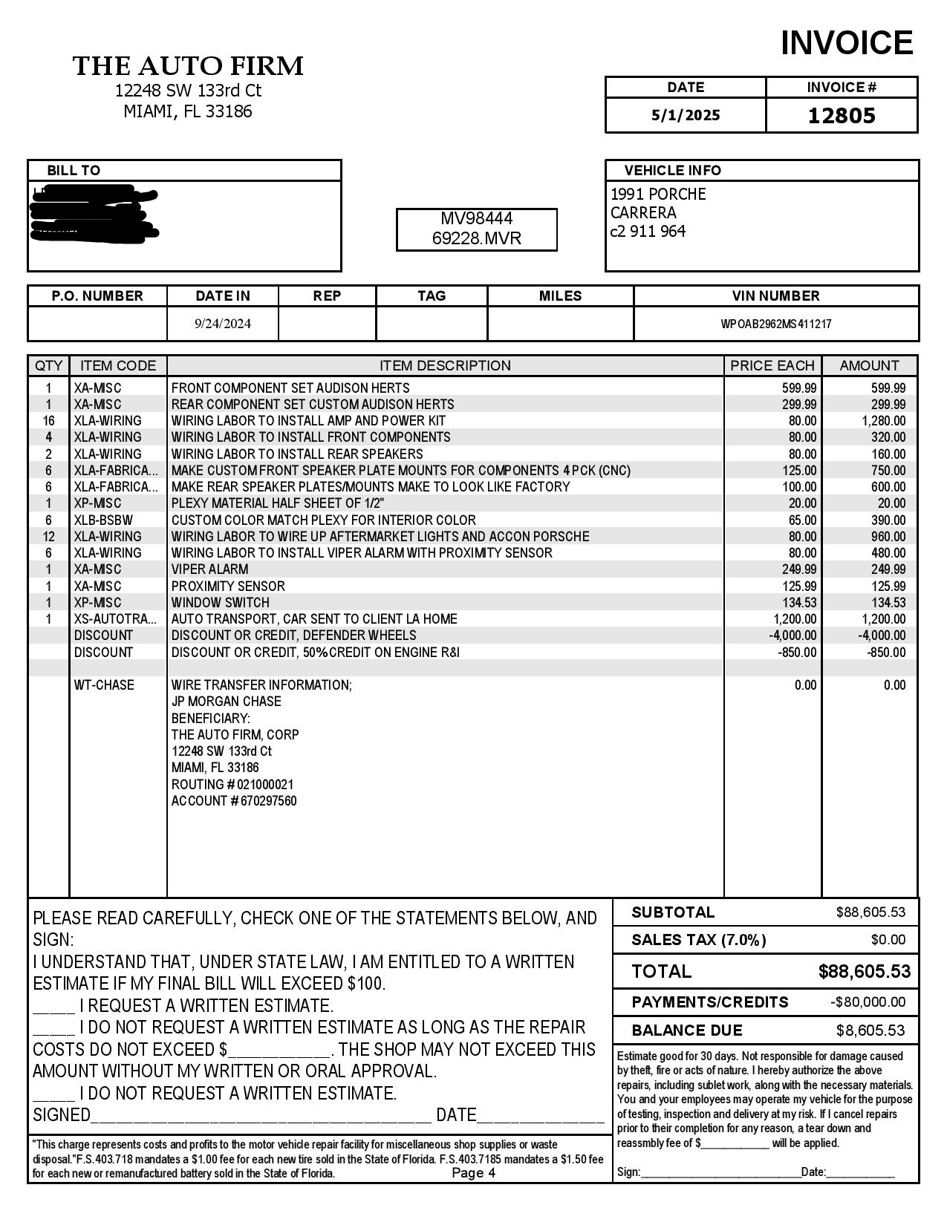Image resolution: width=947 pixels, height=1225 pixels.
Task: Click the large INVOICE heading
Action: pyautogui.click(x=846, y=43)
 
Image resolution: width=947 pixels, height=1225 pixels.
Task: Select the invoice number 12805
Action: pyautogui.click(x=842, y=116)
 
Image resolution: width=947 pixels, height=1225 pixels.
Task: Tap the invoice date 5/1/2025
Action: pyautogui.click(x=686, y=115)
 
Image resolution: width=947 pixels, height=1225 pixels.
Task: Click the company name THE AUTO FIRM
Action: pyautogui.click(x=188, y=66)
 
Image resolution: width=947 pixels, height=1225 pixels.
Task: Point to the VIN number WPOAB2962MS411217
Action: pyautogui.click(x=775, y=324)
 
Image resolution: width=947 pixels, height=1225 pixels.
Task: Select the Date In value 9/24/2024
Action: pyautogui.click(x=223, y=324)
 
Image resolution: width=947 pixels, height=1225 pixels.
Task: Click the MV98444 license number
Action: pyautogui.click(x=477, y=218)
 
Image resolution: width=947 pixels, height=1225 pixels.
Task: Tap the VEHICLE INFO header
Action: pyautogui.click(x=672, y=170)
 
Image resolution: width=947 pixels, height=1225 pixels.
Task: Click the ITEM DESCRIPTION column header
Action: pyautogui.click(x=445, y=365)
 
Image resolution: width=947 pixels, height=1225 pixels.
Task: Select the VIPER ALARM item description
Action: pyautogui.click(x=209, y=569)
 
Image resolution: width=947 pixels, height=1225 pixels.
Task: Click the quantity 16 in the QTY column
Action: pyautogui.click(x=49, y=421)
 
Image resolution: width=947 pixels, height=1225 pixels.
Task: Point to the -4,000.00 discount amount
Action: pyautogui.click(x=882, y=636)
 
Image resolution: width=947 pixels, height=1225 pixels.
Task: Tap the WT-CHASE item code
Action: pyautogui.click(x=104, y=685)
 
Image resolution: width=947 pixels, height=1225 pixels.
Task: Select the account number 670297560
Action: pyautogui.click(x=269, y=801)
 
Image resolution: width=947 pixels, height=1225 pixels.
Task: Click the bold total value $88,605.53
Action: pyautogui.click(x=864, y=971)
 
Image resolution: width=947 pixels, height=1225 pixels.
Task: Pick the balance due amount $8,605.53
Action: pyautogui.click(x=870, y=1030)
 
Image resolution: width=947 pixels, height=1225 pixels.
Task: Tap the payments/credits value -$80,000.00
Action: pyautogui.click(x=868, y=1002)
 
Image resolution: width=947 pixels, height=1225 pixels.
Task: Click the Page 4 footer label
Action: pyautogui.click(x=473, y=1173)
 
